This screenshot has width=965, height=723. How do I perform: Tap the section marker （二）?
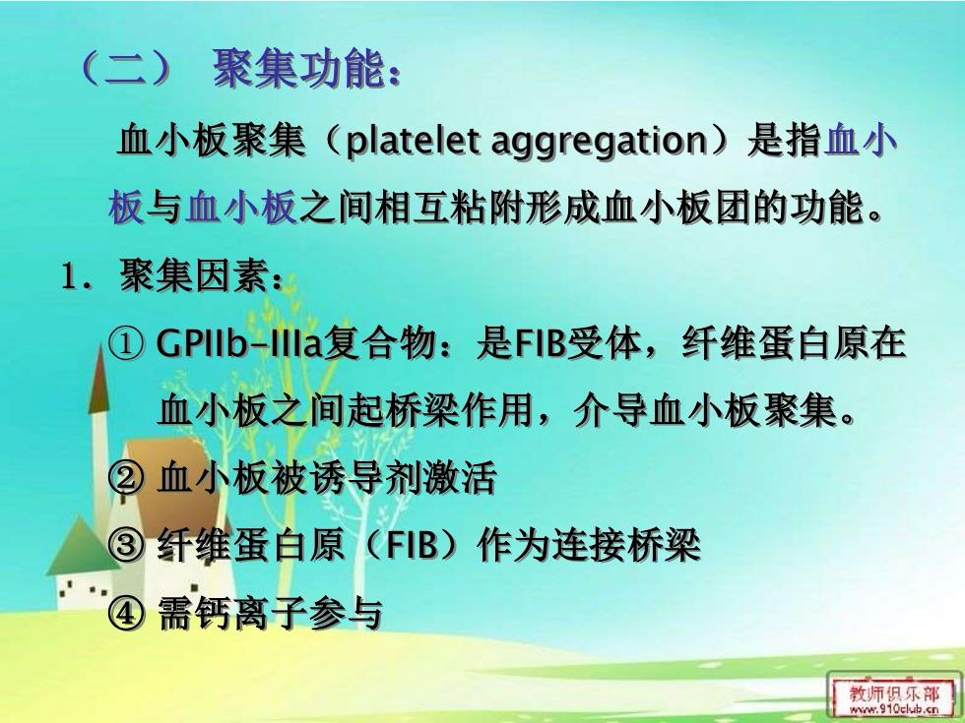click(x=126, y=68)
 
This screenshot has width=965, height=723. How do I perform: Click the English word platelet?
click(x=413, y=142)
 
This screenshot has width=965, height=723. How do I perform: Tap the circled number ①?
click(x=127, y=343)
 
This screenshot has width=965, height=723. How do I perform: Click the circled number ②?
click(x=127, y=476)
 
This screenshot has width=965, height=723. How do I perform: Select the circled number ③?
click(x=127, y=544)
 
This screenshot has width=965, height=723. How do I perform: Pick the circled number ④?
click(x=127, y=612)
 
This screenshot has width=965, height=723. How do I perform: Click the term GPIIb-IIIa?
click(x=239, y=343)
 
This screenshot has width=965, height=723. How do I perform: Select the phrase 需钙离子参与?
click(x=270, y=612)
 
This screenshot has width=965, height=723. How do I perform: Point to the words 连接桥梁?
click(x=626, y=545)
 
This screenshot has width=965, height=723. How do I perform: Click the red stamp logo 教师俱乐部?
click(x=895, y=693)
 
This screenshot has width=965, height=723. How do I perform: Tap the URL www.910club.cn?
click(x=894, y=709)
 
